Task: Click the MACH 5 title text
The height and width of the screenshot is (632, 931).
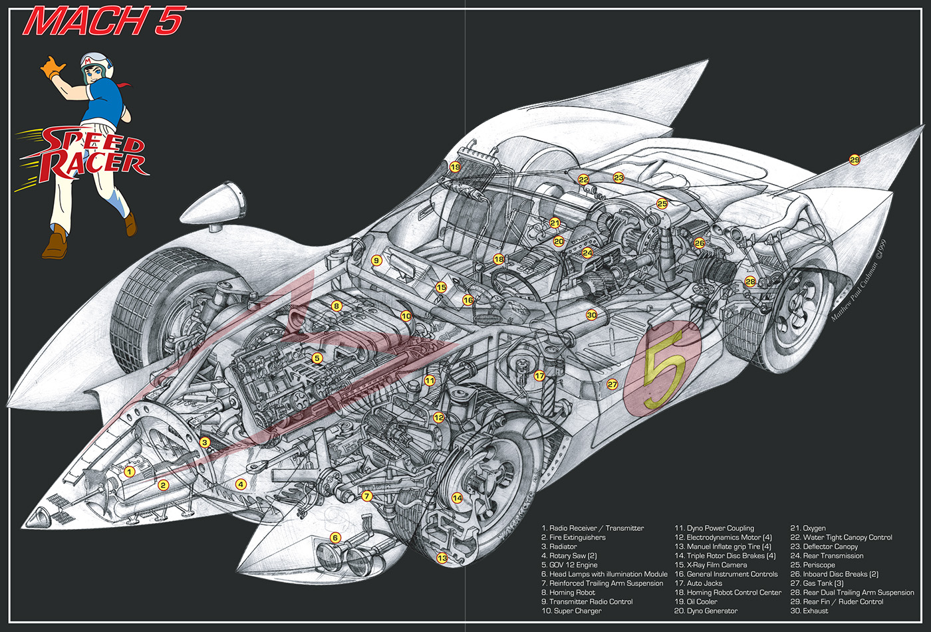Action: [103, 21]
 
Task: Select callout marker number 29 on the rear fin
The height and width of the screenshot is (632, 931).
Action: [855, 159]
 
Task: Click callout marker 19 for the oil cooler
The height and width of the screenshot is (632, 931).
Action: [455, 167]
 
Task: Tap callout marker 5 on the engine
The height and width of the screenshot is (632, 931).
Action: [317, 358]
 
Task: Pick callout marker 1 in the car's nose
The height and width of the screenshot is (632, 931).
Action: [130, 472]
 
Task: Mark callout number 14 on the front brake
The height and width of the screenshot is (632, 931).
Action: [457, 498]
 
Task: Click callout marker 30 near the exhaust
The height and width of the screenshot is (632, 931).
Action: [591, 315]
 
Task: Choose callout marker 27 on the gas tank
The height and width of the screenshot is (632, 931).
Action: [612, 384]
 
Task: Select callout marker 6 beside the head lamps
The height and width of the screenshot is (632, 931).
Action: [335, 538]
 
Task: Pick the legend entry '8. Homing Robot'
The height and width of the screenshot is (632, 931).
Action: [568, 592]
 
